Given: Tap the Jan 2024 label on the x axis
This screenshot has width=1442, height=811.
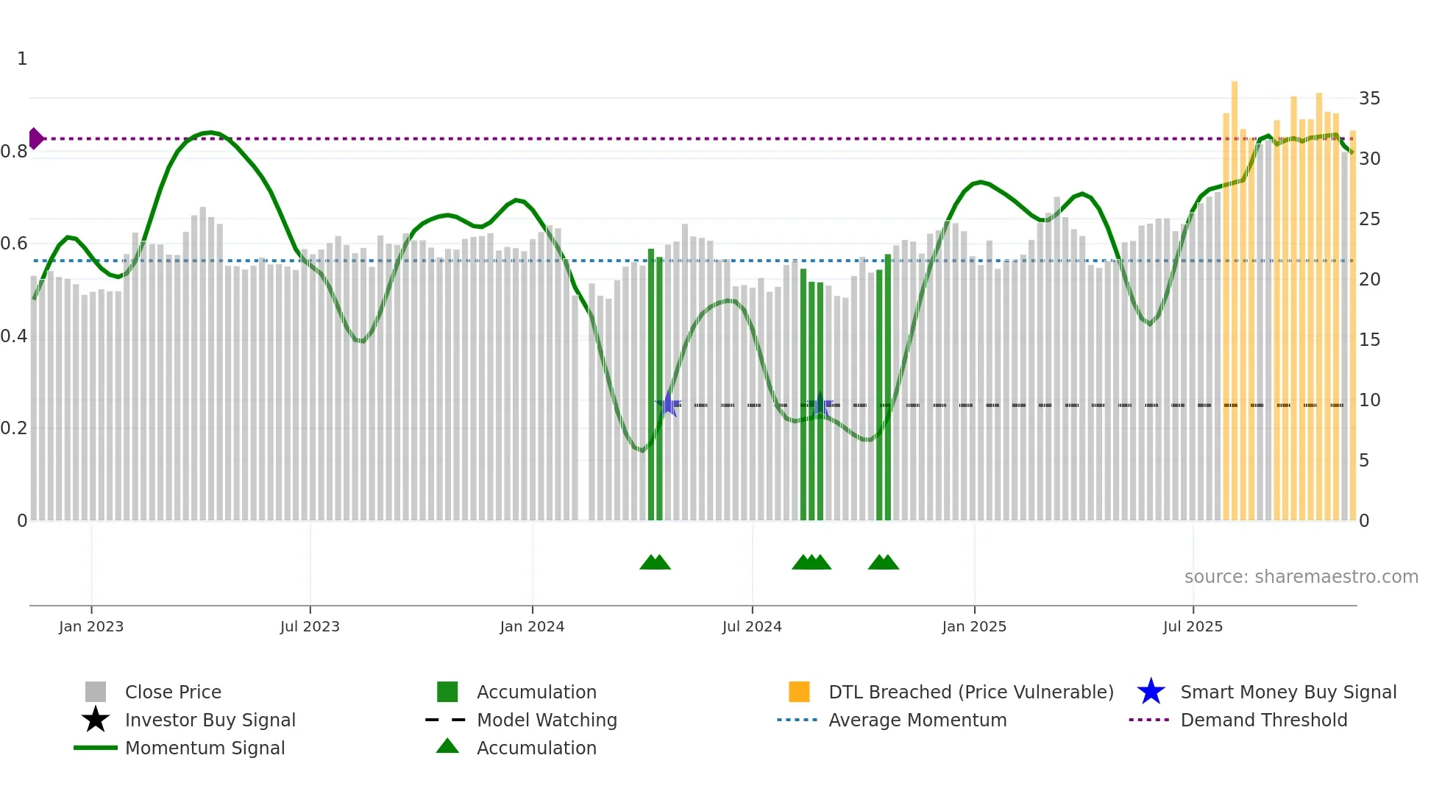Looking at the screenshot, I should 532,626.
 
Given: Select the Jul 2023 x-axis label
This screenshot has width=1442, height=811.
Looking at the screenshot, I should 310,626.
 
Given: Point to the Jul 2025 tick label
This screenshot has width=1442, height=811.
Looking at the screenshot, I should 1193,626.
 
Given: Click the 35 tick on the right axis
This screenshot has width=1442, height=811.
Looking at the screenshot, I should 1369,99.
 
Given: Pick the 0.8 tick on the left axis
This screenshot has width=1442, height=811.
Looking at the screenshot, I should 15,152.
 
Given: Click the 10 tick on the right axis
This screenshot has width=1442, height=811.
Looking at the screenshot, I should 1369,400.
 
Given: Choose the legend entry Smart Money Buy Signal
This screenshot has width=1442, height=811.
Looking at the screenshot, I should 1287,692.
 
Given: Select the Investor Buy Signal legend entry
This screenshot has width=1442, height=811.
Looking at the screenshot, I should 210,720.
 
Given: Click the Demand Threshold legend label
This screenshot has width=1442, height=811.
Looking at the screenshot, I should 1263,720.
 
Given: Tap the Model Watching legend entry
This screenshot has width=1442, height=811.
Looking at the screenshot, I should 546,720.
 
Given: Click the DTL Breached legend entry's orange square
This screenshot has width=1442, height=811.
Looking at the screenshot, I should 799,692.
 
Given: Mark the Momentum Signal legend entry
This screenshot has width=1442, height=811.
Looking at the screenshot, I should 205,748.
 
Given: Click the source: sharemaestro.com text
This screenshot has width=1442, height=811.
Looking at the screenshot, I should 1301,577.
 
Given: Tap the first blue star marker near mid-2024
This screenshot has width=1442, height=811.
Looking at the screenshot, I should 668,404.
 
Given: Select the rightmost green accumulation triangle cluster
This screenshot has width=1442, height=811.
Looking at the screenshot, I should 883,562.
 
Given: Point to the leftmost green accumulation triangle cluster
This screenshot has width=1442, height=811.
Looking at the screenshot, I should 655,562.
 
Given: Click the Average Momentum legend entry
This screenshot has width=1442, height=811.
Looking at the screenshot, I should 917,720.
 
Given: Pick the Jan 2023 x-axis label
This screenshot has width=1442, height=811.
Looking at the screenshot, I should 91,626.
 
